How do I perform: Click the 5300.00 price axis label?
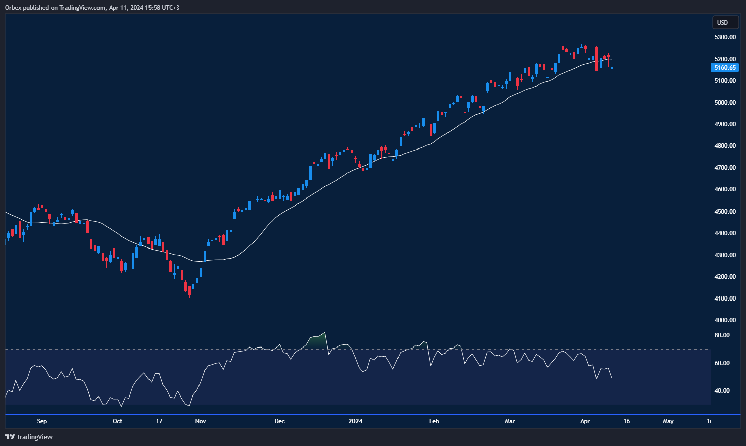pos(725,37)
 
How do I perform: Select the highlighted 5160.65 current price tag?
pos(725,68)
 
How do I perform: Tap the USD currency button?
pos(723,22)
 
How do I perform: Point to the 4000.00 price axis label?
pos(725,320)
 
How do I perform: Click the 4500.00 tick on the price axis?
pos(725,212)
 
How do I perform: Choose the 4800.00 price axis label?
pos(725,146)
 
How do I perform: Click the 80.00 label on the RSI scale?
pos(722,335)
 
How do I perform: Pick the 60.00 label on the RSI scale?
pos(722,363)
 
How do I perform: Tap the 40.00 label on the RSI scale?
pos(722,391)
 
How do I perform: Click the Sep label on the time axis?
pos(42,421)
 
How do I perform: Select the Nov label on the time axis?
pos(201,421)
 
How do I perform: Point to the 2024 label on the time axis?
pos(356,421)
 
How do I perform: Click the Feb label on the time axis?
pos(434,421)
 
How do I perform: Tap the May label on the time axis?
pos(668,421)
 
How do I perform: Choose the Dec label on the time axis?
pos(279,421)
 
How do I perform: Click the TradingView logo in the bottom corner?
pos(29,437)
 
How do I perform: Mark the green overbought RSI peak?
pos(317,340)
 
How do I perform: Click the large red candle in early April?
pos(596,59)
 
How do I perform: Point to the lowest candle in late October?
pos(189,290)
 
